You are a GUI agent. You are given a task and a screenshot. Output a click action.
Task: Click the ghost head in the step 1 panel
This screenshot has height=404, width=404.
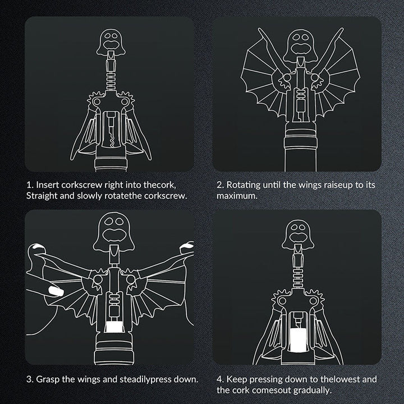click(111, 42)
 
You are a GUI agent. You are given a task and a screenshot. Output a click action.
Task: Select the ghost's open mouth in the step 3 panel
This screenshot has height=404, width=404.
click(114, 234)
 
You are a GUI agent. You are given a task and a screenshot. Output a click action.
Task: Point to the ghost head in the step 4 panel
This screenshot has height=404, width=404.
click(298, 235)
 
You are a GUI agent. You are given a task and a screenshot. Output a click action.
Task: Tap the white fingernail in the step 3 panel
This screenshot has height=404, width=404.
click(56, 291)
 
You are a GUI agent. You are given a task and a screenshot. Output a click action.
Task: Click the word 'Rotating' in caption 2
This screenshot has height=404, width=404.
click(243, 185)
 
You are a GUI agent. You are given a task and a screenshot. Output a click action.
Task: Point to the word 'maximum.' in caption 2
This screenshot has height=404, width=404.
click(237, 196)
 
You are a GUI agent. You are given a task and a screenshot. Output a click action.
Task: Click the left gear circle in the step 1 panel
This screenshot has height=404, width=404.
click(97, 102)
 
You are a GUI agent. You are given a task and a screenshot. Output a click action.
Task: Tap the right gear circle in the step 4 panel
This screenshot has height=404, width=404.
click(313, 300)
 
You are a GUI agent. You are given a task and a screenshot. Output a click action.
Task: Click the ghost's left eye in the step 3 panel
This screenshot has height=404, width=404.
click(108, 221)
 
